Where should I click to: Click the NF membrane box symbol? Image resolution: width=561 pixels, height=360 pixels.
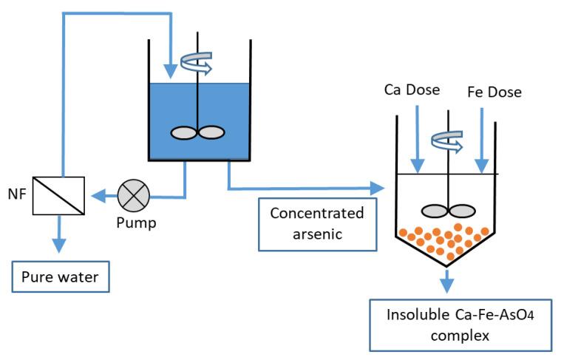60,195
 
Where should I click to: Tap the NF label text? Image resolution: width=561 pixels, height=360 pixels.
16,195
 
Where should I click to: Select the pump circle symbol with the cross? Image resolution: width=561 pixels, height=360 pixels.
135,196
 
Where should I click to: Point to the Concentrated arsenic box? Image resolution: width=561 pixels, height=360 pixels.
316,223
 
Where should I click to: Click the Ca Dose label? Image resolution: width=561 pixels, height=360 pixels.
412,90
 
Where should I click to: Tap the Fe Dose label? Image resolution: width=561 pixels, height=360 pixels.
494,92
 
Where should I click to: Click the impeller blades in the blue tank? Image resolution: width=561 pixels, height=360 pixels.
197,132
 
